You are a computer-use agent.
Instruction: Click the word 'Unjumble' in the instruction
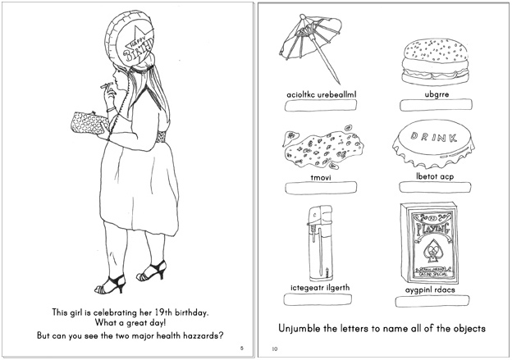295,328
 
